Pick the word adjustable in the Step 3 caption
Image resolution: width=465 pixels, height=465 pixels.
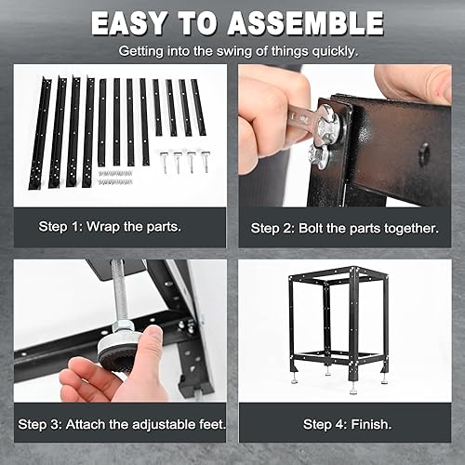point(166,424)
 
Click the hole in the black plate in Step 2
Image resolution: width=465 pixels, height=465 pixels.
point(424,153)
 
